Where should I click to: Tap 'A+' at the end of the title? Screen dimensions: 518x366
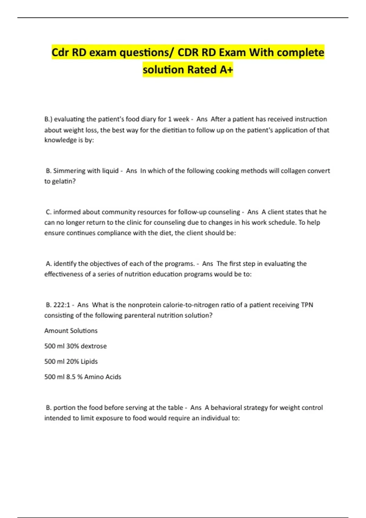pos(226,70)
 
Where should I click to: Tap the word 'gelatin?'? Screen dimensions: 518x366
pos(64,181)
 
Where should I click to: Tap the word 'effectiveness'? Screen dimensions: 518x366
pos(64,274)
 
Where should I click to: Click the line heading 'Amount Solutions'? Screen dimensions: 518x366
pos(71,331)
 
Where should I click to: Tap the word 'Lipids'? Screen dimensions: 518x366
pos(89,362)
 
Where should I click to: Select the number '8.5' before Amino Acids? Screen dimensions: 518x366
pos(71,377)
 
